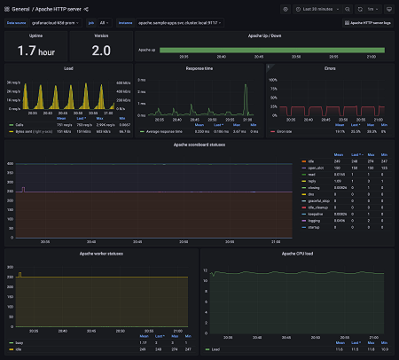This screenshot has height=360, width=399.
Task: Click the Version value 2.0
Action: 101,50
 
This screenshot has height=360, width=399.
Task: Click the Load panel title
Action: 68,67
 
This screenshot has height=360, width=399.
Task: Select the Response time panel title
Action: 198,67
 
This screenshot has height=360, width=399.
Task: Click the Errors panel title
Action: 329,67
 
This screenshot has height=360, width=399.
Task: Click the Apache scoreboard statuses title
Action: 199,144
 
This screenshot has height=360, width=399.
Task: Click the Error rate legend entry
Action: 285,130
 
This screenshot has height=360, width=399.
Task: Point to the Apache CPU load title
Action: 294,254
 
